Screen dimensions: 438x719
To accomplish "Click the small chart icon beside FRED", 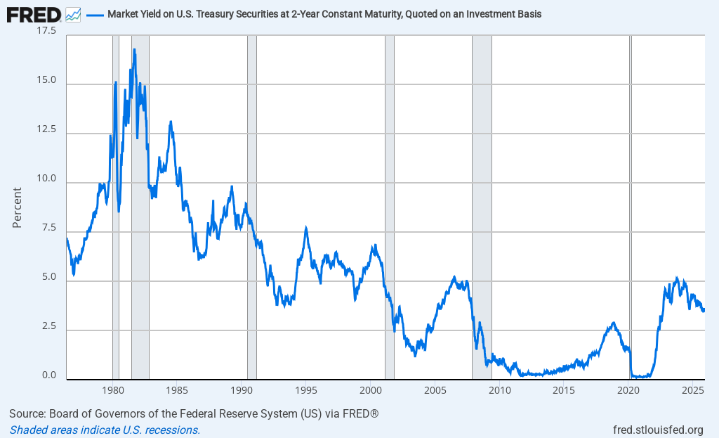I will (x=73, y=14).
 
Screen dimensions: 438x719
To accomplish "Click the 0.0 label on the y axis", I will (x=50, y=375).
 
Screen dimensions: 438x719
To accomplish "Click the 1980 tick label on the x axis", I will (x=113, y=390).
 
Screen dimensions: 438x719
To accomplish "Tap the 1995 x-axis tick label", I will (x=305, y=390).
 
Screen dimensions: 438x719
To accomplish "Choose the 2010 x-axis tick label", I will (x=499, y=390).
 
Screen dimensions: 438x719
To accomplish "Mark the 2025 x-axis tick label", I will (x=693, y=390).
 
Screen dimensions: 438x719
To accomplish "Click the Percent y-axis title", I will (x=18, y=207).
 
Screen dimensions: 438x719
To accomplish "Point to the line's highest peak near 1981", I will (x=134, y=50).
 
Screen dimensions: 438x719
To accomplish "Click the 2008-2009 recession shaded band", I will (x=482, y=211).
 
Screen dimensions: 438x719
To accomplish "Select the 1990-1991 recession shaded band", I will (x=252, y=211).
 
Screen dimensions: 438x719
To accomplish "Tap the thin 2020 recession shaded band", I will (x=631, y=211).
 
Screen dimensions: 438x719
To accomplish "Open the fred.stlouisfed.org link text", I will (x=658, y=430).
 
